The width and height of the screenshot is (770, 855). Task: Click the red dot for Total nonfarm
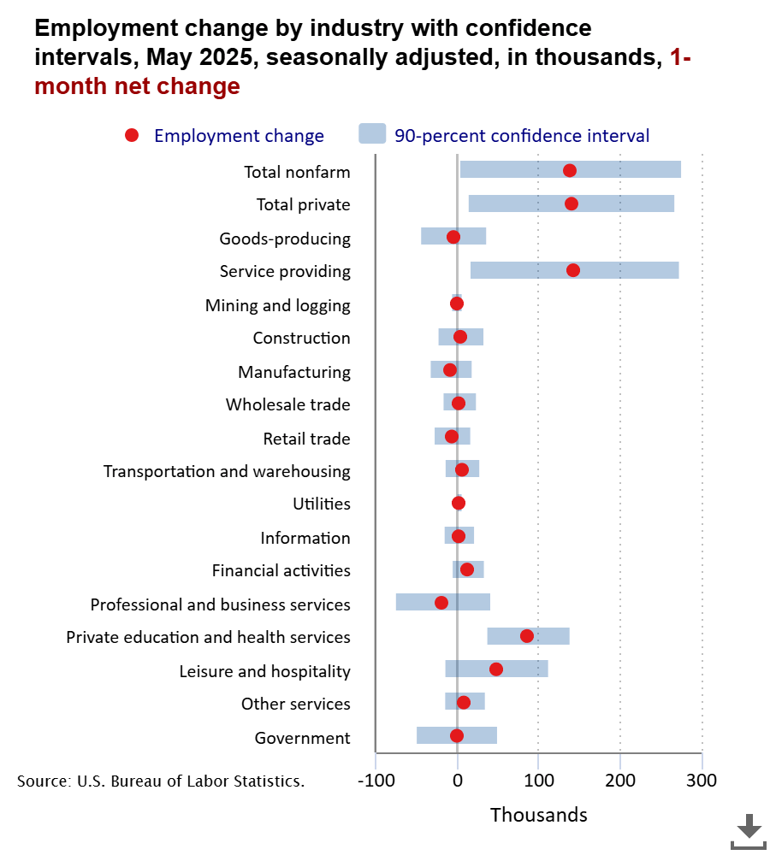570,170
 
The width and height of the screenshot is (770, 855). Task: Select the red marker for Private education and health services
527,636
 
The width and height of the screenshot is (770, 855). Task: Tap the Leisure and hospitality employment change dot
496,669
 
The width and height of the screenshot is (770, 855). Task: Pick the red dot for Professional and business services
441,603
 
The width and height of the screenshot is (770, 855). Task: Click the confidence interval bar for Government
457,735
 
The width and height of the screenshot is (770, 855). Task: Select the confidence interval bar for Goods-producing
453,237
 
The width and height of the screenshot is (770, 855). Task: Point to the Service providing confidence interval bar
574,270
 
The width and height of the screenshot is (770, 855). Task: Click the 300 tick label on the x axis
702,780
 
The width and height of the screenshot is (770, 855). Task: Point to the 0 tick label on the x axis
458,780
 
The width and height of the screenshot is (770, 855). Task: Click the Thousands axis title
539,815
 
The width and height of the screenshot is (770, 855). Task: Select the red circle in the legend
132,135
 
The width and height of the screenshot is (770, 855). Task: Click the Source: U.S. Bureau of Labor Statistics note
161,781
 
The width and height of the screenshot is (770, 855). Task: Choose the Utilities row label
322,504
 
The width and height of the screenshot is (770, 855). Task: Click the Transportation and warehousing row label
227,471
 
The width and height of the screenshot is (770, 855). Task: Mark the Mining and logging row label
278,305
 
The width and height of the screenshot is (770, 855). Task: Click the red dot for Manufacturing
450,370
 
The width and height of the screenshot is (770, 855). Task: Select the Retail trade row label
306,439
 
